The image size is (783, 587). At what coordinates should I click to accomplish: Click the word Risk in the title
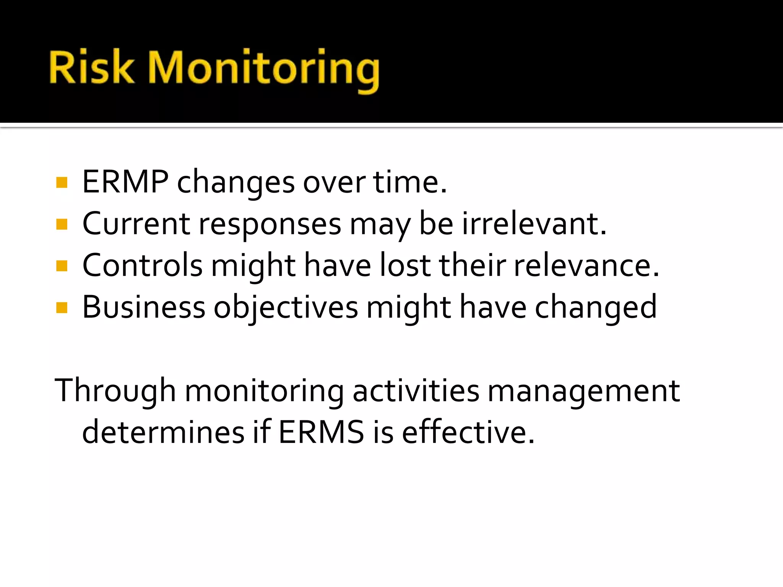pos(92,68)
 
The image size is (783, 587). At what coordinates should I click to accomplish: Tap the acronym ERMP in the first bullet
pos(125,182)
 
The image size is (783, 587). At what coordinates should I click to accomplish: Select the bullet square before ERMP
pos(62,182)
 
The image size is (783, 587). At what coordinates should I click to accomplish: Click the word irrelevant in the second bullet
pos(534,224)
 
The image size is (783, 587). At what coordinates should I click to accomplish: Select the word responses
pos(270,225)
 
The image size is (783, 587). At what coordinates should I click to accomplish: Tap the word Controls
pos(142,266)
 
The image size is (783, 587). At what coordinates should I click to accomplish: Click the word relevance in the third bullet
pos(586,266)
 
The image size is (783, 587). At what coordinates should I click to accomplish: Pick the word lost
pos(405,266)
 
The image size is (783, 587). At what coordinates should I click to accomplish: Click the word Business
pos(144,307)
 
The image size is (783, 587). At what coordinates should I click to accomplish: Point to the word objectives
pos(286,308)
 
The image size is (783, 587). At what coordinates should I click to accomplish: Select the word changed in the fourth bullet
pos(595,308)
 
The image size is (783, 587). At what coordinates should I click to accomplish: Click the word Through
pos(115,391)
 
